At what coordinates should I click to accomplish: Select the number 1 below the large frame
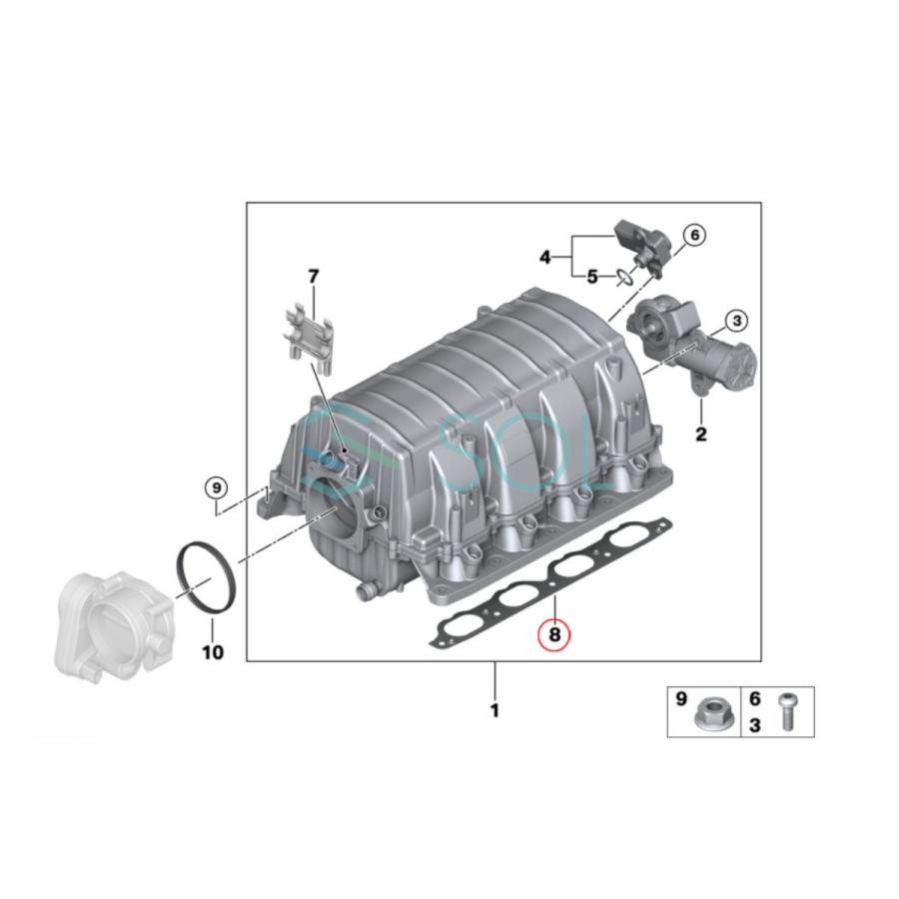tap(494, 711)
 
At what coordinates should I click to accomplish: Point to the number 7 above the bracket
tap(313, 275)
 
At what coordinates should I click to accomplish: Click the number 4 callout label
tap(545, 257)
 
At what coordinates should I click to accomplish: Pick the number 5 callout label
tap(592, 276)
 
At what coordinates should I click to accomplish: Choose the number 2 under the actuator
tap(701, 435)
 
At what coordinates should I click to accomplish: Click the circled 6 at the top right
tap(694, 235)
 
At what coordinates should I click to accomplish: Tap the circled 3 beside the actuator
tap(737, 321)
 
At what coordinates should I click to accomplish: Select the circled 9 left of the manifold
tap(217, 487)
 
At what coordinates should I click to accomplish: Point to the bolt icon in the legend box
tap(789, 710)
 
